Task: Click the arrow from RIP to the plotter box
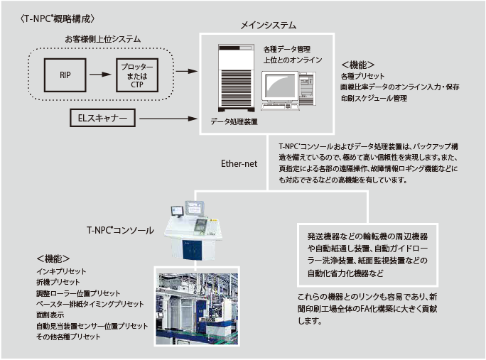[100, 75]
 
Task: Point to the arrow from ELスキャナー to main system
[168, 119]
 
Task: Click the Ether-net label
[239, 163]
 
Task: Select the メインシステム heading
[269, 25]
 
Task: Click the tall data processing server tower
[236, 78]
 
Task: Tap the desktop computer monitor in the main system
[280, 87]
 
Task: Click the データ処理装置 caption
[234, 121]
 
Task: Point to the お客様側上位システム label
[102, 39]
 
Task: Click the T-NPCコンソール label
[120, 230]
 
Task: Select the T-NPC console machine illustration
[193, 231]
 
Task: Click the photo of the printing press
[197, 309]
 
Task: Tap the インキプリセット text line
[61, 271]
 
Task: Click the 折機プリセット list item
[58, 282]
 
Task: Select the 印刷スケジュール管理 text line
[374, 99]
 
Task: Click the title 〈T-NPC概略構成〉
[58, 19]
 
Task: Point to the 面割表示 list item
[50, 315]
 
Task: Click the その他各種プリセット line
[68, 337]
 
